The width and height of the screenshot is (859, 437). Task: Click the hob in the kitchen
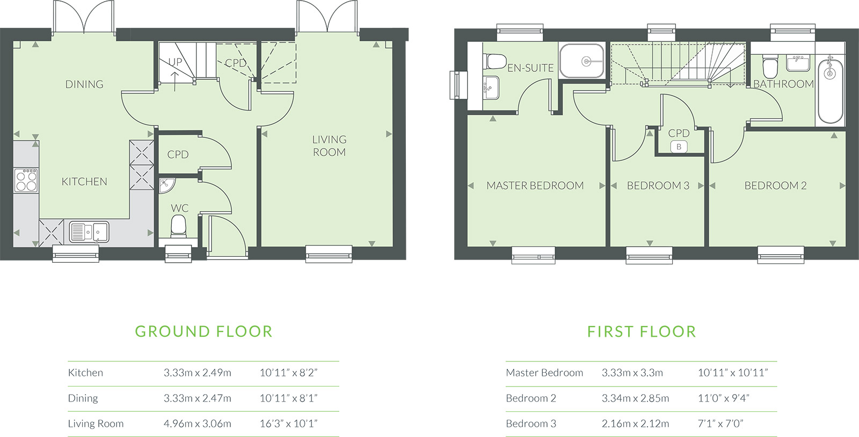coord(26,180)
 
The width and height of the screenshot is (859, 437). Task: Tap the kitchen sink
coord(89,232)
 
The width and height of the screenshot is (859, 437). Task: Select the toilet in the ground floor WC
coord(178,226)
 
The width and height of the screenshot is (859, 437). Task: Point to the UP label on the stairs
coord(175,62)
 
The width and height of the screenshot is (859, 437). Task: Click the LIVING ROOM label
coord(330,145)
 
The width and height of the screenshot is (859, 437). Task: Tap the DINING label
coord(84,84)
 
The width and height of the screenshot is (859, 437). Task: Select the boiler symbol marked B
coord(679,147)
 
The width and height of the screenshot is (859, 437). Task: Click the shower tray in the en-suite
coord(582,61)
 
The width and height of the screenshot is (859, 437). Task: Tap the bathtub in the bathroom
coord(830,90)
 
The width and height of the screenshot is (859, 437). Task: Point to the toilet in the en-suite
coord(494,61)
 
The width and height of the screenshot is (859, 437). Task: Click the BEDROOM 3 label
coord(658,186)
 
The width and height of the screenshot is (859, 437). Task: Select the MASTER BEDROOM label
coord(535,186)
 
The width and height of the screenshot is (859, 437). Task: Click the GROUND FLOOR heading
coord(203,332)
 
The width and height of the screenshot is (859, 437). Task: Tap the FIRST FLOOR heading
coord(642,332)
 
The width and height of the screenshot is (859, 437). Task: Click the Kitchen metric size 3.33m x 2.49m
coord(198,373)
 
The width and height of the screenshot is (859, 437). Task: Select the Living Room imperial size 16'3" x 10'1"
coord(289,424)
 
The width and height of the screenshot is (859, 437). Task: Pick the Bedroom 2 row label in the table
coord(531,398)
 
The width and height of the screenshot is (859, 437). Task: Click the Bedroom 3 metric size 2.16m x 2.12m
coord(635,424)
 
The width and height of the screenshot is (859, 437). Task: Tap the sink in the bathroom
coord(798,63)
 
